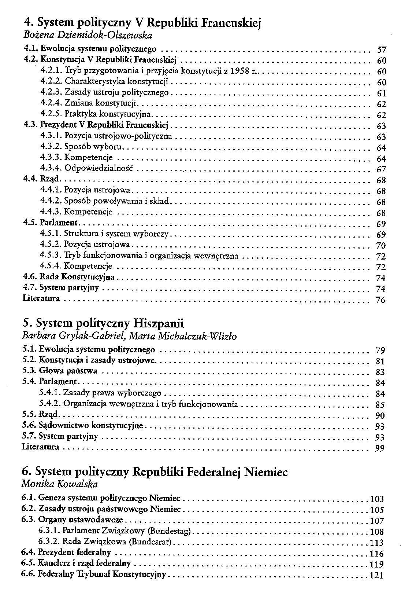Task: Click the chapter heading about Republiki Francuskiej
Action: [x=141, y=23]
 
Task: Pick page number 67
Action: [x=381, y=169]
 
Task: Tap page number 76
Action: [x=381, y=300]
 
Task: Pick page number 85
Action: [x=380, y=405]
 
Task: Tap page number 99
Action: [x=380, y=448]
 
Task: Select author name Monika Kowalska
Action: [x=60, y=484]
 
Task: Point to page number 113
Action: [x=377, y=543]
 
